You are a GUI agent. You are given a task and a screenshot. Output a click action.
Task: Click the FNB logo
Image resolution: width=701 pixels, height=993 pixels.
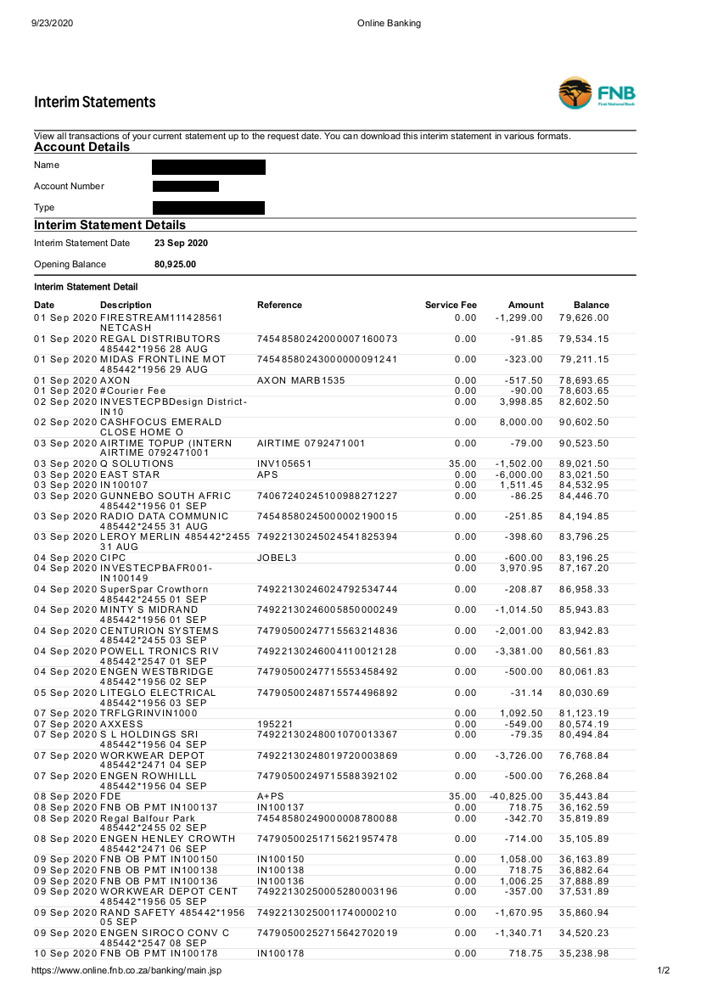pos(597,93)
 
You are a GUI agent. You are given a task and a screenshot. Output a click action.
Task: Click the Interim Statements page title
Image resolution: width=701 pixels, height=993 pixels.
pos(95,102)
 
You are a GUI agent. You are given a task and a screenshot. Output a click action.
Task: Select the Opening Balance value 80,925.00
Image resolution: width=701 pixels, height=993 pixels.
pos(175,265)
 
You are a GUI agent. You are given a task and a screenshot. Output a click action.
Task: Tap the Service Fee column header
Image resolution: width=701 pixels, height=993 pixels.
pos(451,305)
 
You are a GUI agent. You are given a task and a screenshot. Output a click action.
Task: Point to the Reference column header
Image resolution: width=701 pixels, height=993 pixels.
pos(279,305)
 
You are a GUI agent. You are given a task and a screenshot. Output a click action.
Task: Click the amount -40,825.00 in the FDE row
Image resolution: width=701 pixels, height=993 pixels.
pos(517,796)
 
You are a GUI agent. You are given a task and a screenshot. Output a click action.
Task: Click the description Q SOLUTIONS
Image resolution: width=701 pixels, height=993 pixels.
pos(137,463)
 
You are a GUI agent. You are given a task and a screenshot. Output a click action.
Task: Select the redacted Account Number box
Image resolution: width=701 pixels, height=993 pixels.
pos(186,186)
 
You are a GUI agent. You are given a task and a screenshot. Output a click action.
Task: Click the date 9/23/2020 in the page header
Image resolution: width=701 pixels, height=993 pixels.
pos(53,24)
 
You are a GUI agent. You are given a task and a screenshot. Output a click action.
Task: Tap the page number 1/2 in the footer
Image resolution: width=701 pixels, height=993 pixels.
pos(664,970)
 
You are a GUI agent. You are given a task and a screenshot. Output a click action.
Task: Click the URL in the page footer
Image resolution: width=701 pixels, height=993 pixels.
pos(126,970)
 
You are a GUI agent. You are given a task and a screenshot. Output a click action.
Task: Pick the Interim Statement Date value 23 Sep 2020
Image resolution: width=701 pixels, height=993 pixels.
pos(181,243)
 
